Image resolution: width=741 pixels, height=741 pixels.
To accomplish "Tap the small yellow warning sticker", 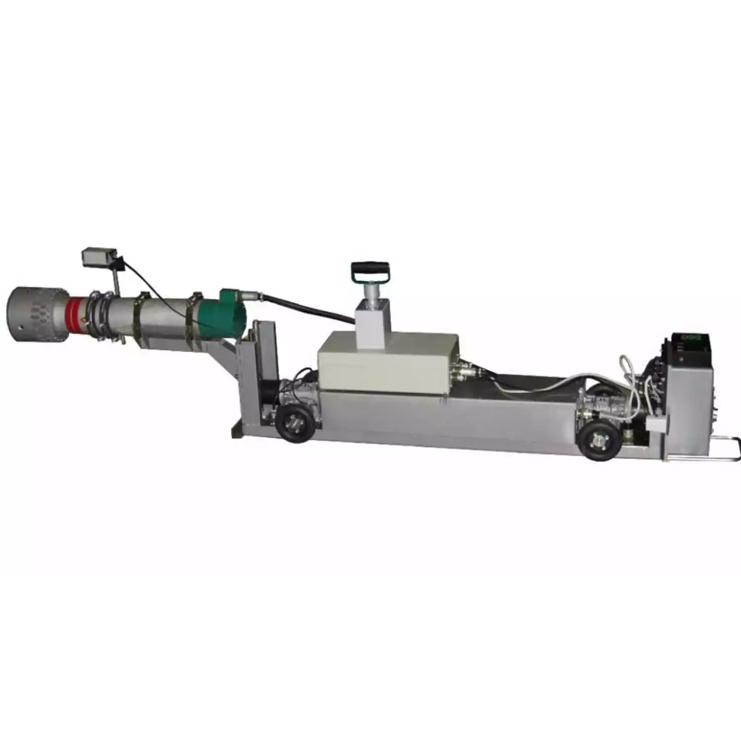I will pos(89,320).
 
